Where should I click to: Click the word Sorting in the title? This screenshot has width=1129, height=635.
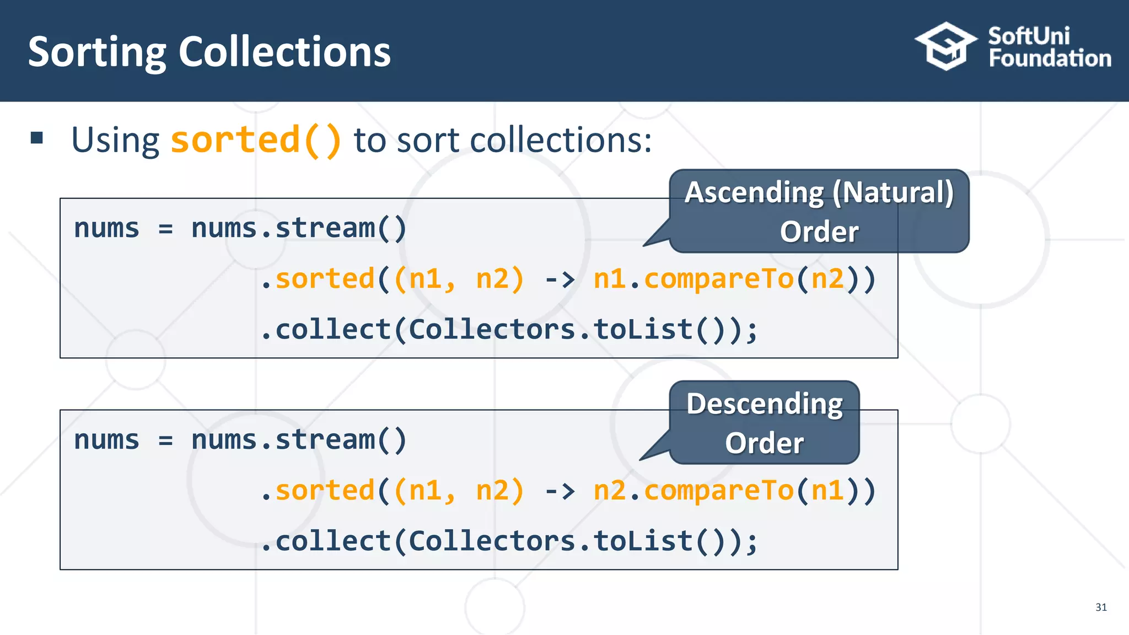[96, 52]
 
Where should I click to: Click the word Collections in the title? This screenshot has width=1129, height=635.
[284, 52]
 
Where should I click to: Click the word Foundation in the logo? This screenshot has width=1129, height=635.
[1050, 58]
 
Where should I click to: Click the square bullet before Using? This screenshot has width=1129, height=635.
[37, 138]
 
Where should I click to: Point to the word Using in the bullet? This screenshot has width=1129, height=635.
[115, 140]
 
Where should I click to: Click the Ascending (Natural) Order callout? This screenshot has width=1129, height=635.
[819, 211]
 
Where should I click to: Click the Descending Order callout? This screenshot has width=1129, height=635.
[764, 423]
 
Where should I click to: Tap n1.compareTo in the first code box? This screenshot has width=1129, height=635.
[693, 279]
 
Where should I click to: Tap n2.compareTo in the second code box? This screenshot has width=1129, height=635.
[693, 491]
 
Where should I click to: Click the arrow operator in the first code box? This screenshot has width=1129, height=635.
[559, 279]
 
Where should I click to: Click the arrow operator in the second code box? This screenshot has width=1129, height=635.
[559, 491]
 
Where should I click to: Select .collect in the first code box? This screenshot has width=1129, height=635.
[325, 330]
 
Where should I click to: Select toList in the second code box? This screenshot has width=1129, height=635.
[643, 541]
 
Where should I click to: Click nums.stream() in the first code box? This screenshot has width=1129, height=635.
[298, 228]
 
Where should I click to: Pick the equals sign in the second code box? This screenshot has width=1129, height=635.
[165, 440]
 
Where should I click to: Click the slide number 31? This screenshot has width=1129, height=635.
[1101, 607]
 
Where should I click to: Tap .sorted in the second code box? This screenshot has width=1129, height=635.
[318, 491]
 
